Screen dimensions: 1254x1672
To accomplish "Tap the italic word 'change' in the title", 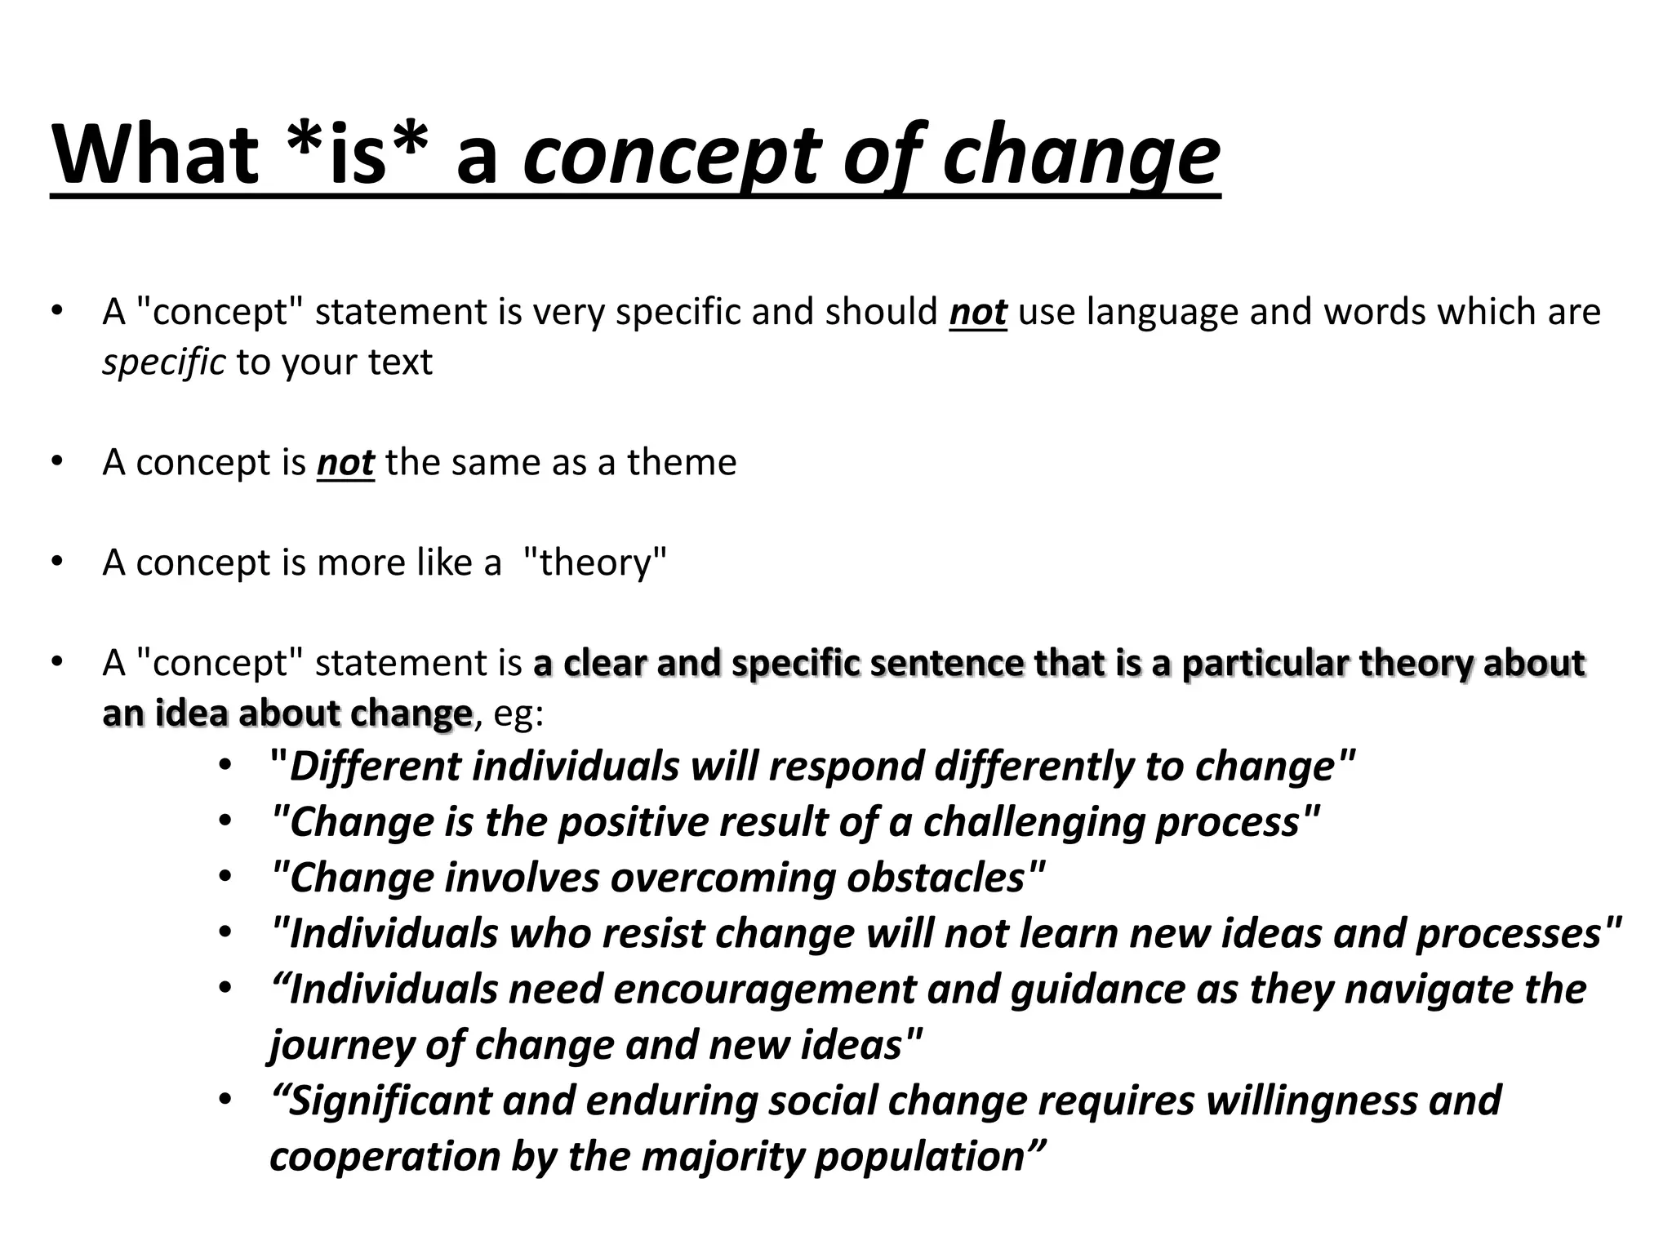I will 1081,155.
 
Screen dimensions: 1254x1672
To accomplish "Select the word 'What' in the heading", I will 155,155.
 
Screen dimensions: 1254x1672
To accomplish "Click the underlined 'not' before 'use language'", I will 978,312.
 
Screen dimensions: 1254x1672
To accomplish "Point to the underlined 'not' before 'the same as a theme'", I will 345,463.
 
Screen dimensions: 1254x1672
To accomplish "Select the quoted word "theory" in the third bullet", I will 594,563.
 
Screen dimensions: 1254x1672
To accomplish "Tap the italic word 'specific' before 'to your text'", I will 164,362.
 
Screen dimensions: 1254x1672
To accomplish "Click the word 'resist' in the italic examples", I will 653,934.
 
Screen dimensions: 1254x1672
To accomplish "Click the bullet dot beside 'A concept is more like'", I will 56,562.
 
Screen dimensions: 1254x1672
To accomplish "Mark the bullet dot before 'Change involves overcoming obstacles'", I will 225,878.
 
